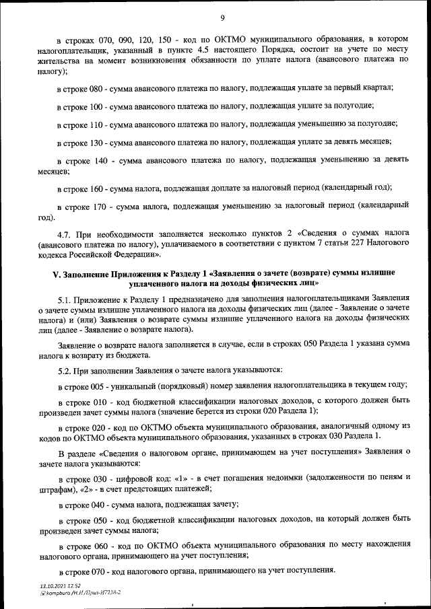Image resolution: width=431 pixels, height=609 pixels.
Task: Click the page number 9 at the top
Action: (x=222, y=17)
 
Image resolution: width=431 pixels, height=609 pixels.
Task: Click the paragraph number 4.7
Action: (x=65, y=234)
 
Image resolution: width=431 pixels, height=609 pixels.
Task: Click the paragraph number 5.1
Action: (x=65, y=297)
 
